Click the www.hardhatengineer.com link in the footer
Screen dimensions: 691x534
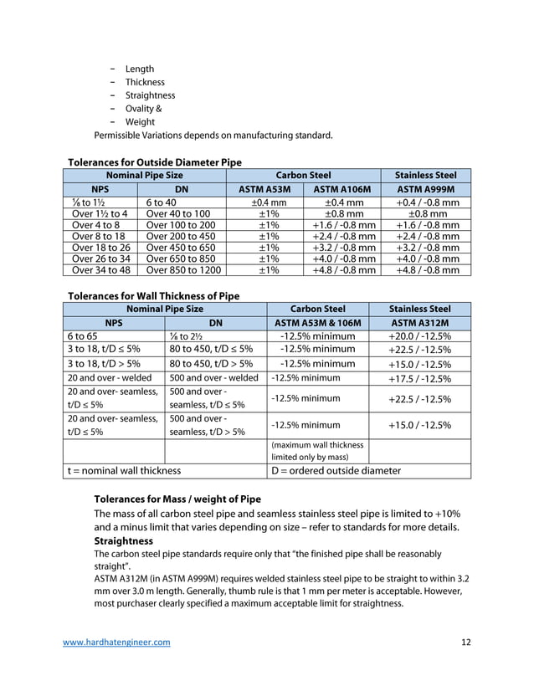coord(117,642)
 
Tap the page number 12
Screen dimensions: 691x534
coord(466,642)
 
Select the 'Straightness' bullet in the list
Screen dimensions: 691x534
coord(150,95)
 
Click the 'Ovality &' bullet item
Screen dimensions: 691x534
coord(144,109)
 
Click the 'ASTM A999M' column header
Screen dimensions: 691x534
coord(427,189)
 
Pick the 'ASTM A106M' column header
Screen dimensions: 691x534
coord(341,189)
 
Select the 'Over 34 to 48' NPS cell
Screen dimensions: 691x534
coord(101,270)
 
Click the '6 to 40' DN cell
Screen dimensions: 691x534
coord(161,202)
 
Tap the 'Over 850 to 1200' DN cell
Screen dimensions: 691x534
coord(183,270)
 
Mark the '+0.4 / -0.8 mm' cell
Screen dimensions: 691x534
coord(427,202)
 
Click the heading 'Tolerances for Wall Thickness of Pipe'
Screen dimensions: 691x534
coord(153,295)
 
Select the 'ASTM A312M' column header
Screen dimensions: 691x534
coord(419,323)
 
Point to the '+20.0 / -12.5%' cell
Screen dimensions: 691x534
coord(419,336)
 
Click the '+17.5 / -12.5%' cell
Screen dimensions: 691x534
coord(419,377)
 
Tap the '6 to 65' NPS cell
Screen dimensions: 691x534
coord(84,336)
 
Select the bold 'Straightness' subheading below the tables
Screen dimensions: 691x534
coord(123,541)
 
